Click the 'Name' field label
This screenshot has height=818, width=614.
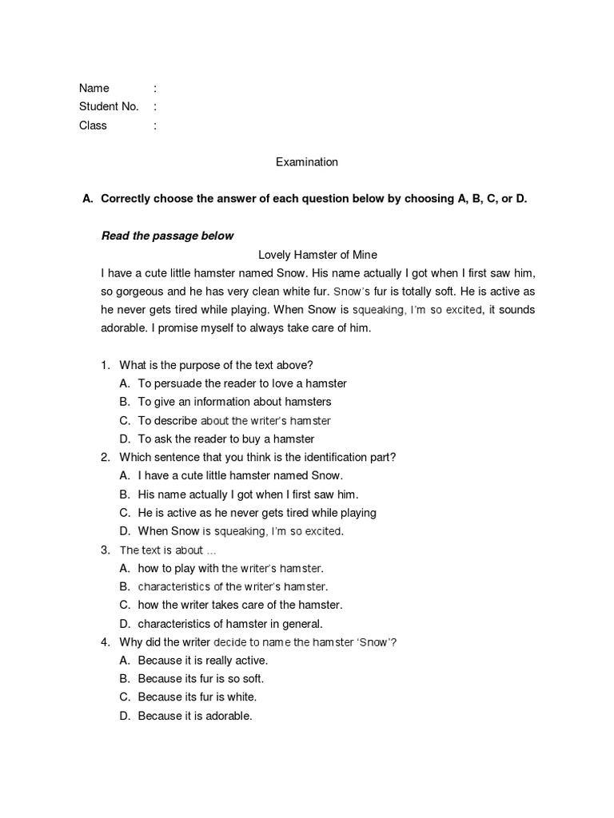click(94, 88)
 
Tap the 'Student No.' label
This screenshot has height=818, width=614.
click(109, 106)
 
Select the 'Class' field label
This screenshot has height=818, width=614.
click(93, 125)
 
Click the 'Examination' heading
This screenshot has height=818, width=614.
click(307, 162)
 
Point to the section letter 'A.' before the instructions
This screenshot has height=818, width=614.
click(88, 199)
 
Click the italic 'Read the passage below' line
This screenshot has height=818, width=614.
click(167, 236)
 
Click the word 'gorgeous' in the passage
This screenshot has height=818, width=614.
click(137, 292)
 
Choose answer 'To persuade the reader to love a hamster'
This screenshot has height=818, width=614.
click(242, 383)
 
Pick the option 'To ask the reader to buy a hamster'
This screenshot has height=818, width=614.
click(226, 439)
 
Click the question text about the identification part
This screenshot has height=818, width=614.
click(257, 457)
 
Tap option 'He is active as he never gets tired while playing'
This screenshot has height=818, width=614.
click(257, 512)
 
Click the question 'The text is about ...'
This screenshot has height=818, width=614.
click(168, 550)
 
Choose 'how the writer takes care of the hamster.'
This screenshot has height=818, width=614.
click(240, 605)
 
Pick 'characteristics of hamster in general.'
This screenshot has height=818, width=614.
click(230, 624)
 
